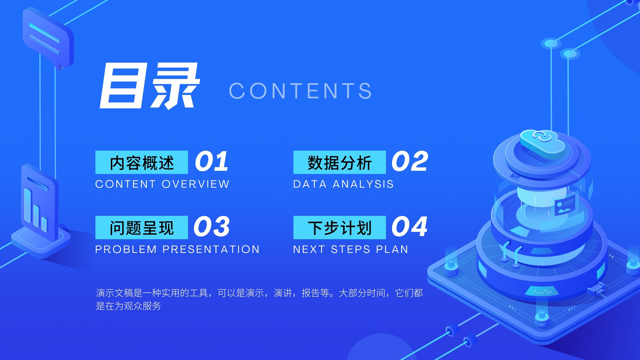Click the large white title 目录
(149, 86)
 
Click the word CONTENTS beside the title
(300, 91)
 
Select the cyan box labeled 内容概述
(142, 162)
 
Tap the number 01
(212, 162)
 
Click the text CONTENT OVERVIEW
(162, 184)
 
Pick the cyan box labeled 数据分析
(340, 162)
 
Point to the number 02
(410, 162)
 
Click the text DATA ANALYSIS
(343, 184)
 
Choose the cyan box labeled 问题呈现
(142, 228)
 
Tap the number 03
(212, 226)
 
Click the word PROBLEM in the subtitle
(126, 250)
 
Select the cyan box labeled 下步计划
(340, 228)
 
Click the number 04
(410, 226)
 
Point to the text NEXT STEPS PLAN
(350, 250)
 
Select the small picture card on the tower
(564, 204)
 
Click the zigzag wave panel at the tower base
(542, 291)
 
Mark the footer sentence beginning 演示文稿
(259, 299)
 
